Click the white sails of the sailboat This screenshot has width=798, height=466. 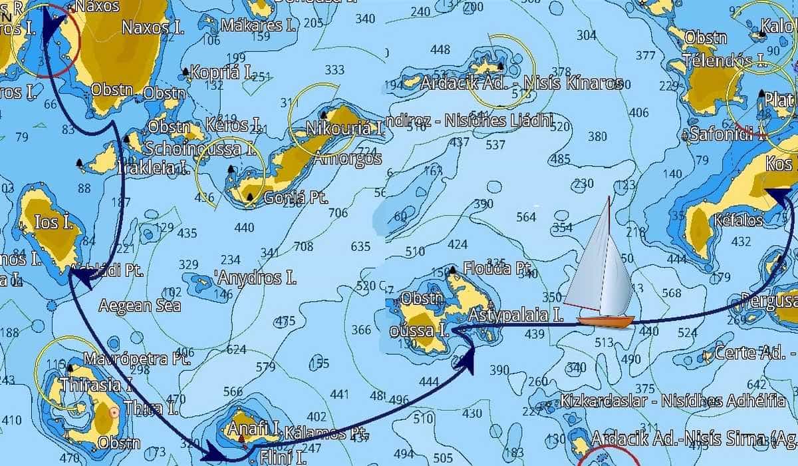click(x=602, y=266)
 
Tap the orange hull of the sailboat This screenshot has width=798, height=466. click(x=605, y=321)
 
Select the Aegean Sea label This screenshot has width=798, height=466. click(x=140, y=306)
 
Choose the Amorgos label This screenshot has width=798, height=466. click(x=347, y=159)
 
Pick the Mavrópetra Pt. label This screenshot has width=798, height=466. click(x=137, y=359)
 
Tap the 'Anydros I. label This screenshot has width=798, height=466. click(x=256, y=278)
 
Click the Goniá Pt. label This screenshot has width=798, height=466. click(x=288, y=198)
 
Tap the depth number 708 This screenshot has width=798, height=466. click(x=303, y=247)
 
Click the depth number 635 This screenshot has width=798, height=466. click(x=360, y=246)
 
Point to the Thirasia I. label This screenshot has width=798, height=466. click(x=90, y=384)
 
